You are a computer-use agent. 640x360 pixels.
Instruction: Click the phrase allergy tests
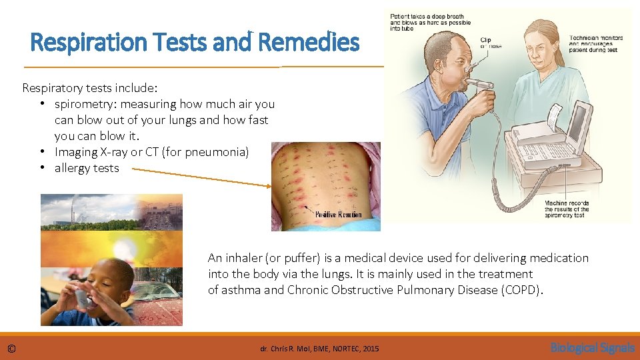[87, 168]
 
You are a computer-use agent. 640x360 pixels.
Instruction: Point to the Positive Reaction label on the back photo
[338, 214]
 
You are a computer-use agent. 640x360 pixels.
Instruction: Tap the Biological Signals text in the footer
[592, 347]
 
